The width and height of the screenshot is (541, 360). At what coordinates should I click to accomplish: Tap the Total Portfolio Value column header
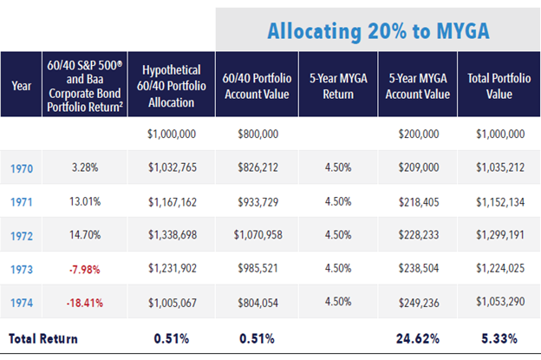point(495,85)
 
